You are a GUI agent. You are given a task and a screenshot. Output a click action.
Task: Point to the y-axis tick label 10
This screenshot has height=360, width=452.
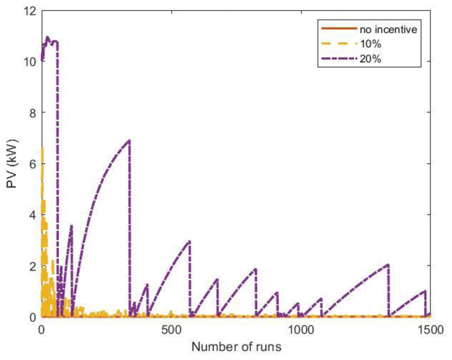tap(29, 61)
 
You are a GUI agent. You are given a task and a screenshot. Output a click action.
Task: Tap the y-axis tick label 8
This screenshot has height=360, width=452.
tap(33, 112)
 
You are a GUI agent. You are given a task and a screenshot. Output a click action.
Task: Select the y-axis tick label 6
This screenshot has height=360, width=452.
tap(33, 164)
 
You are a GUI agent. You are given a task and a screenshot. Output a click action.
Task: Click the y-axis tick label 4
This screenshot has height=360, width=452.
tap(33, 215)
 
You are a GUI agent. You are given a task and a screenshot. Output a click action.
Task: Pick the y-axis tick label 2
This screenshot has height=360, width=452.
tap(33, 266)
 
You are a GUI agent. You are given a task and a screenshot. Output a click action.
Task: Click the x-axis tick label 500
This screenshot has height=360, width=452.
tap(172, 330)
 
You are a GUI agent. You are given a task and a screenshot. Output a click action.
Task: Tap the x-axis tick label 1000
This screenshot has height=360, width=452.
tap(301, 330)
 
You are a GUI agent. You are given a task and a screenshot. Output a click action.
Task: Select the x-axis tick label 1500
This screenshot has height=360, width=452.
tap(430, 330)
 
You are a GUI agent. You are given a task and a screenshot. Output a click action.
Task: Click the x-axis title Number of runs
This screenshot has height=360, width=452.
tap(236, 346)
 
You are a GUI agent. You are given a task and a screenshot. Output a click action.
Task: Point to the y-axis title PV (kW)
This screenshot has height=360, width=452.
tap(12, 164)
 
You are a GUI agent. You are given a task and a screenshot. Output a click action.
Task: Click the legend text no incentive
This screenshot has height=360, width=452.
tap(388, 29)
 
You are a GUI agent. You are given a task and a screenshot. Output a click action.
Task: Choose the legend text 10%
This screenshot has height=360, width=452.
tap(371, 44)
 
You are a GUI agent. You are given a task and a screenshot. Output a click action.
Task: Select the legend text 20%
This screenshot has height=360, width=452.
tap(371, 59)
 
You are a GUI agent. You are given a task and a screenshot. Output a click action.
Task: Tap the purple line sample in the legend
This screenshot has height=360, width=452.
tap(339, 59)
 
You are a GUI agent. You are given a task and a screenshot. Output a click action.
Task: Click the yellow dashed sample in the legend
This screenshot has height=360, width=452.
tap(339, 44)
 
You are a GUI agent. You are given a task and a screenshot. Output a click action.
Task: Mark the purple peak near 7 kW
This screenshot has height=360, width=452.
tap(129, 140)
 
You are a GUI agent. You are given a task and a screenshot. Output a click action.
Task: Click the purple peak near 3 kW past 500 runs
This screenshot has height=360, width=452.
tap(189, 241)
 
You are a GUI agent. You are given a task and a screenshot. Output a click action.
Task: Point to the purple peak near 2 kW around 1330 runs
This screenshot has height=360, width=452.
tap(388, 265)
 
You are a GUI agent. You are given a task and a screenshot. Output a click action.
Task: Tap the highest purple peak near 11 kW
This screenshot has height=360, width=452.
tap(47, 37)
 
